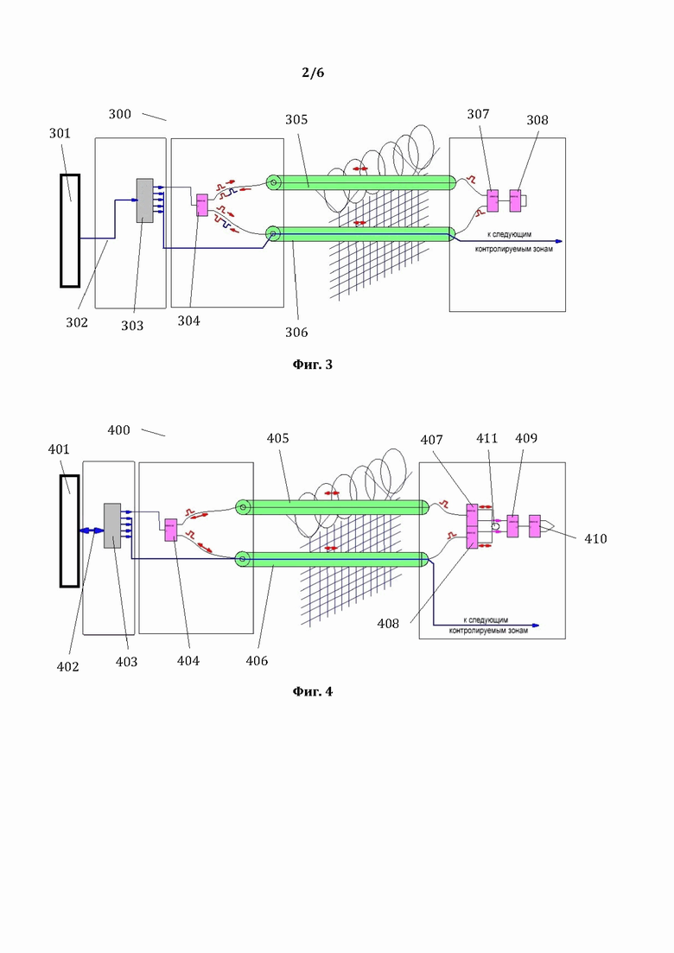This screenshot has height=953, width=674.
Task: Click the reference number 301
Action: [x=60, y=133]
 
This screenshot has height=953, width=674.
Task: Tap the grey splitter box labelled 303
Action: [x=144, y=200]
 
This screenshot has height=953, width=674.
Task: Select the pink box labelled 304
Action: [x=202, y=205]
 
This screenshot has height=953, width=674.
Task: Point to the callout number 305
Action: [x=296, y=120]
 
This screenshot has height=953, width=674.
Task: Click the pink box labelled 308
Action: [x=515, y=200]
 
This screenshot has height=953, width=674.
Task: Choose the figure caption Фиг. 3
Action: [x=313, y=365]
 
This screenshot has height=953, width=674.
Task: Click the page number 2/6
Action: [x=313, y=73]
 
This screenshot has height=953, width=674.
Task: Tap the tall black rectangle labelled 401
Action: [x=69, y=531]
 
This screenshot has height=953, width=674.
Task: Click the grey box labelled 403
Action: [x=112, y=525]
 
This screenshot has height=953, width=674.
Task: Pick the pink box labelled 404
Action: [x=171, y=530]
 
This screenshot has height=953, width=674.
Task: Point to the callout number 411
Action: [x=486, y=438]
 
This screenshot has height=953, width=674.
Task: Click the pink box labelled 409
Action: [x=513, y=525]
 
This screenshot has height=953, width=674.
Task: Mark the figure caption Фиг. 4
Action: [x=313, y=692]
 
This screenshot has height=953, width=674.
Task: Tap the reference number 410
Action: [x=595, y=538]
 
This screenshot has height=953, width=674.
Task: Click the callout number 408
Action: [x=388, y=624]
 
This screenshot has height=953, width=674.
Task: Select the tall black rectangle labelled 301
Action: [x=70, y=231]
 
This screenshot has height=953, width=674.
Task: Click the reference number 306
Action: [x=296, y=332]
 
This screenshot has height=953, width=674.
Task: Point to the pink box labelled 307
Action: [x=493, y=200]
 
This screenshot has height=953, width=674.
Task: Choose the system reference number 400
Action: [x=119, y=430]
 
